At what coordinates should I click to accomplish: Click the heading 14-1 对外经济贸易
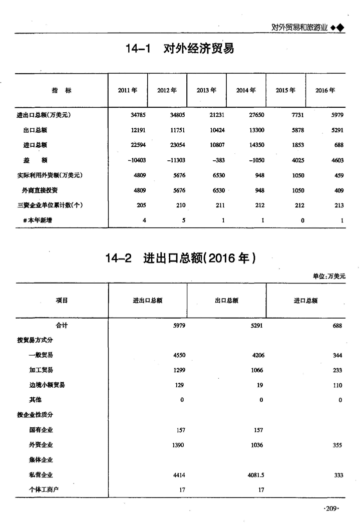pos(180,49)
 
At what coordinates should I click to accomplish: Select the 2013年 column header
pos(206,91)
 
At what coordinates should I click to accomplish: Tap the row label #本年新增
pos(38,220)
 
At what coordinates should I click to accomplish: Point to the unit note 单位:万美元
pos(329,276)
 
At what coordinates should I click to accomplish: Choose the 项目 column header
pos(62,300)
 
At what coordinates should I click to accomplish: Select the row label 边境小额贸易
pos(47,385)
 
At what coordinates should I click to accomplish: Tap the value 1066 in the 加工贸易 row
pos(256,370)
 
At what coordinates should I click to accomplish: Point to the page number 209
pos(331,508)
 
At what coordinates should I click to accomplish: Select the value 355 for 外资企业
pos(337,445)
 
